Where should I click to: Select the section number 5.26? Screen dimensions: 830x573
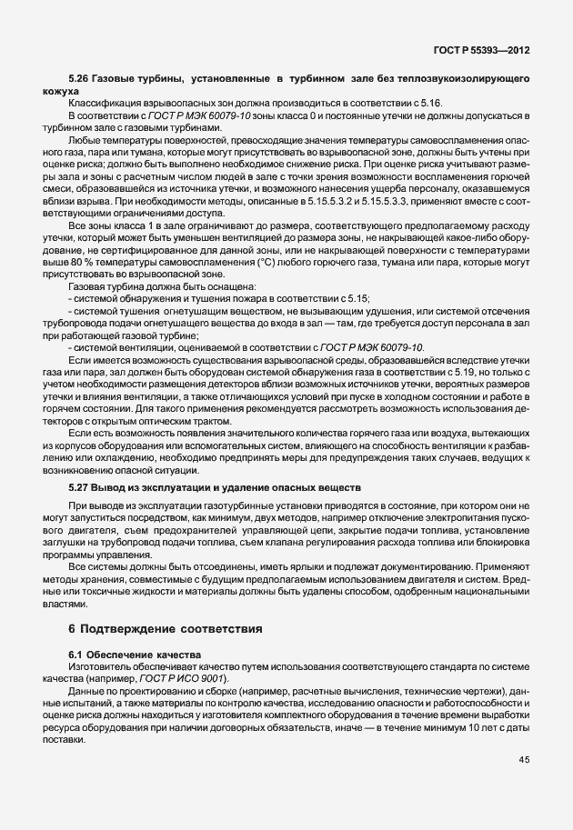point(79,81)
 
